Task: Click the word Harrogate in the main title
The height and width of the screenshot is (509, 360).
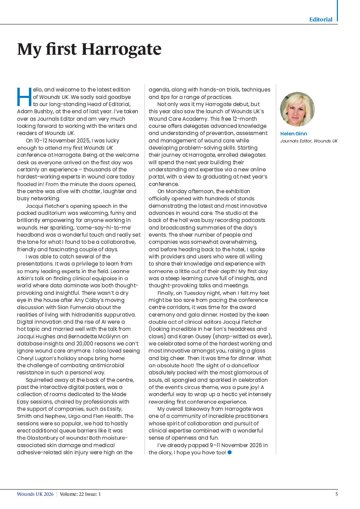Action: point(121,49)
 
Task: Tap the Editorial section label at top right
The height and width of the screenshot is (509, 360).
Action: point(321,19)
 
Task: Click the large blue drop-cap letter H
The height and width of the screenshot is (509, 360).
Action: point(24,97)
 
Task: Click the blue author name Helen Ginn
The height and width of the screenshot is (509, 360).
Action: point(293,134)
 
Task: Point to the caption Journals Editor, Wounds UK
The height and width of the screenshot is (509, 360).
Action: point(309,141)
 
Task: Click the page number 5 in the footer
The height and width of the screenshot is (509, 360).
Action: point(337,494)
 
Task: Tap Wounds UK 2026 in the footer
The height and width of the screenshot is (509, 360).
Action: point(35,494)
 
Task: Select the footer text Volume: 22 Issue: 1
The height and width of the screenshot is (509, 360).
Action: point(80,494)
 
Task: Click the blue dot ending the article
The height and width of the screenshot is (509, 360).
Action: point(230,452)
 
